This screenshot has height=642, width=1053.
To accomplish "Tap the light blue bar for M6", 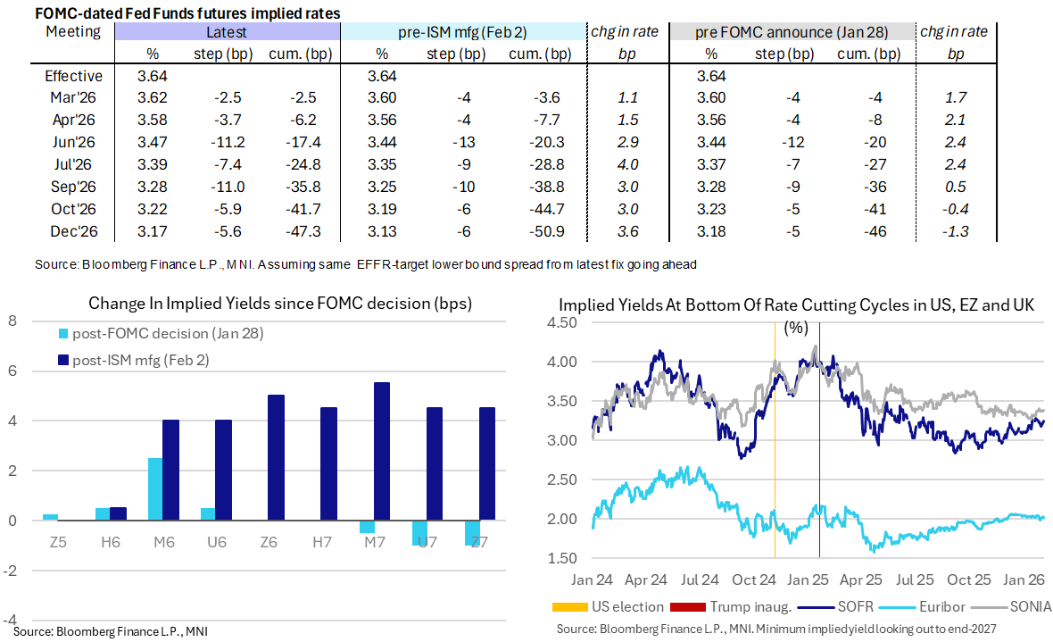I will coord(154,489).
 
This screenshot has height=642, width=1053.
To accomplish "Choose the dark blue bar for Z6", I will coord(276,458).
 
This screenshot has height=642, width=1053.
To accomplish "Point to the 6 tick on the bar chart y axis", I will coord(12,371).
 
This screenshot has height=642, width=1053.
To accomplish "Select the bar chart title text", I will coord(280,304).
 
